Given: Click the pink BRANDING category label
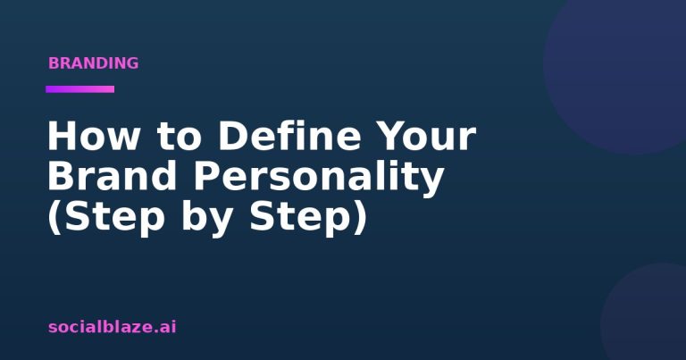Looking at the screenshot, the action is [x=93, y=63].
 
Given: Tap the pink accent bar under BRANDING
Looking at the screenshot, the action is [x=80, y=89].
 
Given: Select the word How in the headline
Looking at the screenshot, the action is [x=94, y=136].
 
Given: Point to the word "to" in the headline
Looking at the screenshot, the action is [x=180, y=137].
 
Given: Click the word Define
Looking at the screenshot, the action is [x=289, y=135].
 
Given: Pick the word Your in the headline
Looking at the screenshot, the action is [x=426, y=136].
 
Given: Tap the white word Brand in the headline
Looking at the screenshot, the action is [x=112, y=175].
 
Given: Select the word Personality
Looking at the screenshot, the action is [x=319, y=179].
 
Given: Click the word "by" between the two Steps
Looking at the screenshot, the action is [x=205, y=219].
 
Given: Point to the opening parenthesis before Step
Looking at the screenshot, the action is [x=54, y=219].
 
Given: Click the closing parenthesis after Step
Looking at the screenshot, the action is [x=360, y=219].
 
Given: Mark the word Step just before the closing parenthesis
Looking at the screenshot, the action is [x=300, y=219].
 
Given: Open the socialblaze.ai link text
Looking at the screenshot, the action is [x=112, y=327].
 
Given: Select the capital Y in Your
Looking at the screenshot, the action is [x=391, y=136].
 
